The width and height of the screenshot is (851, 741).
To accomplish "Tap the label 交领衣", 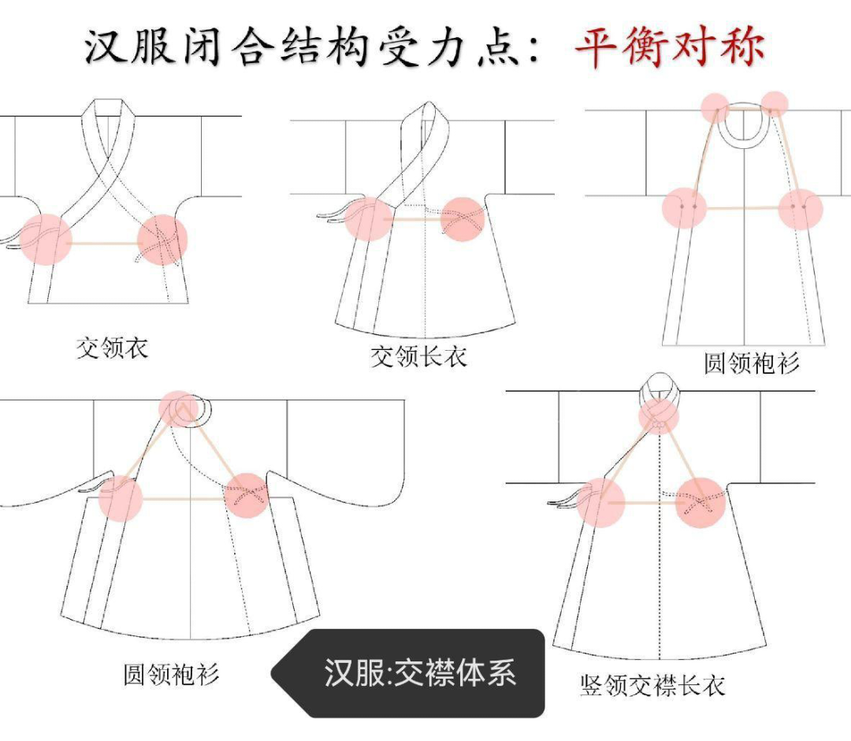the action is (x=112, y=348).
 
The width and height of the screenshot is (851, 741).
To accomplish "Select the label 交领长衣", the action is (x=418, y=356).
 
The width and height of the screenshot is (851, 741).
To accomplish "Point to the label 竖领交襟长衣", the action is (x=652, y=686).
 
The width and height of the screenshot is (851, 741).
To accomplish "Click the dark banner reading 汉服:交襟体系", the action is (x=407, y=673).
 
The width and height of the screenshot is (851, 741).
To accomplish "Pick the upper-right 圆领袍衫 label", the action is (x=752, y=363).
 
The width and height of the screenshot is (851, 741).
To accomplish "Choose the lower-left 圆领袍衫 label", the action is (x=171, y=675).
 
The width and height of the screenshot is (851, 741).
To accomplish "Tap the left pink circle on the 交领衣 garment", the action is (x=46, y=240).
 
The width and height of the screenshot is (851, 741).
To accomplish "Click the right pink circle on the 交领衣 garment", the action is (x=162, y=240).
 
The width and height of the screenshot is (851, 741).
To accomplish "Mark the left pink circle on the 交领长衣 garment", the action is (x=368, y=219).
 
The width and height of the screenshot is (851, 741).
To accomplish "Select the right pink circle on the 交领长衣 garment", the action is (x=463, y=219).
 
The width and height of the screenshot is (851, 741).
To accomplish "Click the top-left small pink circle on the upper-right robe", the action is (x=715, y=107).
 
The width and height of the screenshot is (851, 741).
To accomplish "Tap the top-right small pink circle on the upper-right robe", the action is (x=775, y=104).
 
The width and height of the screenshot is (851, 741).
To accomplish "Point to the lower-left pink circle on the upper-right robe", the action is (x=685, y=208).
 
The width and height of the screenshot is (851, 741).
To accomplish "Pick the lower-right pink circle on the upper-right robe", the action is (x=800, y=209).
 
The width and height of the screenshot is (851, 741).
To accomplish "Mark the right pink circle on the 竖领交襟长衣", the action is (x=701, y=503).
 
